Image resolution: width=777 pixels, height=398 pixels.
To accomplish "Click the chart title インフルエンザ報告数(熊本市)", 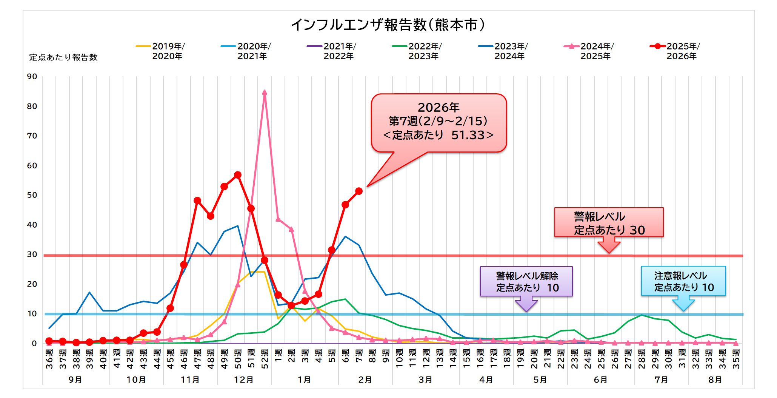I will (x=388, y=25).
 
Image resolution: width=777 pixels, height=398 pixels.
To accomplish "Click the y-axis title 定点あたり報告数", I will (x=63, y=57).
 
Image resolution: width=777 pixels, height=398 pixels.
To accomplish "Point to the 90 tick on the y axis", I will (x=32, y=77).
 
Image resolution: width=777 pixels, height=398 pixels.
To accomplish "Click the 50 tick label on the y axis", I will (x=32, y=195).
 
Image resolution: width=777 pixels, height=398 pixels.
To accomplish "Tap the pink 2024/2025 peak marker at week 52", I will (x=265, y=93).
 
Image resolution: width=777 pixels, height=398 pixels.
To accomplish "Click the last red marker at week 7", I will (x=359, y=191).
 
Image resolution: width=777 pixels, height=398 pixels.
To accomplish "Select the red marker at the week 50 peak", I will (x=238, y=175).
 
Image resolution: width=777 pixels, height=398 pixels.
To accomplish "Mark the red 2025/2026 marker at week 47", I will (x=197, y=201).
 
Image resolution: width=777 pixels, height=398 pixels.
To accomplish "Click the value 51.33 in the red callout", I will (x=468, y=135).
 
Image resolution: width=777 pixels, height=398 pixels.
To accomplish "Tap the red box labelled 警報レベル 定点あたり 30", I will (x=609, y=223).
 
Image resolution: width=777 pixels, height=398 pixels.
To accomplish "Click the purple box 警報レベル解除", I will (x=526, y=281).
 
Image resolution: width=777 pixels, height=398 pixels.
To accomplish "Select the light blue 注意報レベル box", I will (x=683, y=281).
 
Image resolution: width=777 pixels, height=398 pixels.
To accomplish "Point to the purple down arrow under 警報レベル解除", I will (x=526, y=304).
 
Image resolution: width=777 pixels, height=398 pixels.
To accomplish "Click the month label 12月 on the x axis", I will (x=244, y=380).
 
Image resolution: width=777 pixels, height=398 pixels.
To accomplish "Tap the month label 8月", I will (x=715, y=380).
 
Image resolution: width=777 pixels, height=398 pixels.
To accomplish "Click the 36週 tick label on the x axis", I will (x=49, y=359).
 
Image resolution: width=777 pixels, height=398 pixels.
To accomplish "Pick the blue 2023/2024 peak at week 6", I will (x=345, y=237).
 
